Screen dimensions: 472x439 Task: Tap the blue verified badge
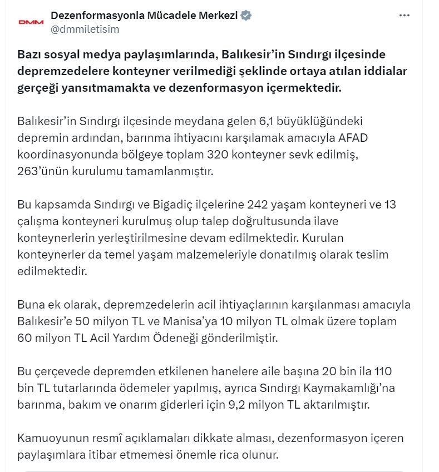[x=246, y=16]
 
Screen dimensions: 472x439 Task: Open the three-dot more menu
[x=404, y=16]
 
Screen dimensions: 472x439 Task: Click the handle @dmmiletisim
[x=85, y=29]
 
